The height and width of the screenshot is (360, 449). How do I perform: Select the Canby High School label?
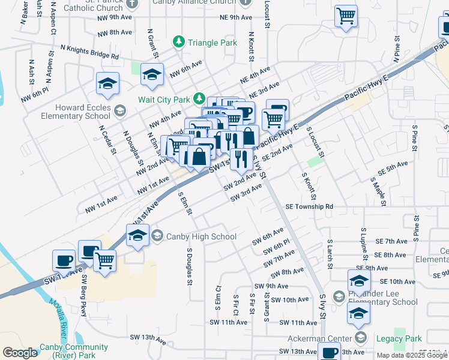[201, 236]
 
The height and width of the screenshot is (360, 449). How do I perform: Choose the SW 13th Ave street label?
[149, 338]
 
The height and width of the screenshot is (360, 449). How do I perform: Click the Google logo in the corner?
[20, 353]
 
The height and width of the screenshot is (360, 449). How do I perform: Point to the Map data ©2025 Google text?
[412, 355]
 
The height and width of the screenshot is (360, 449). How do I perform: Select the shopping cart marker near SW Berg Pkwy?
[105, 260]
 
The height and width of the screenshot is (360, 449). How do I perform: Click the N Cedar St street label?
[107, 139]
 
